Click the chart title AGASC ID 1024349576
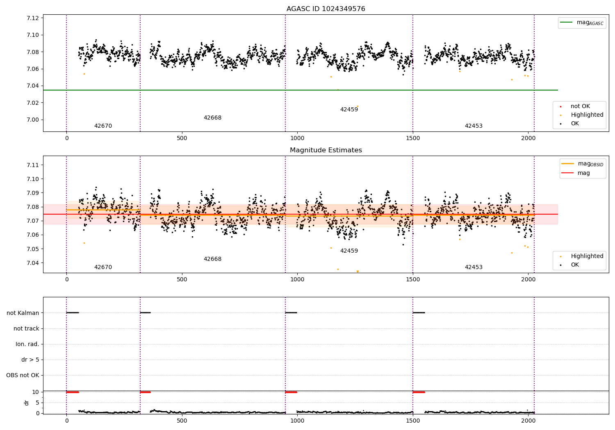[326, 9]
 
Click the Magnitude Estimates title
[326, 150]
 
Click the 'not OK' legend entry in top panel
[580, 106]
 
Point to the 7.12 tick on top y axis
[33, 18]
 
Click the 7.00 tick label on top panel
[33, 120]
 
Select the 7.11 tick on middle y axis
[33, 165]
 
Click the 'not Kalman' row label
[23, 313]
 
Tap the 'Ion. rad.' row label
[27, 344]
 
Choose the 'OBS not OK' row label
[23, 375]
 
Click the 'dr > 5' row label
[30, 360]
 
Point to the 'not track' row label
[26, 328]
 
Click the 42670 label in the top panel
[103, 126]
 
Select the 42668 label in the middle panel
[212, 259]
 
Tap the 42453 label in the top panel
[474, 126]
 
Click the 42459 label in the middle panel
[349, 251]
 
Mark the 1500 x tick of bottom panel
[413, 421]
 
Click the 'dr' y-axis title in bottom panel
[27, 403]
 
